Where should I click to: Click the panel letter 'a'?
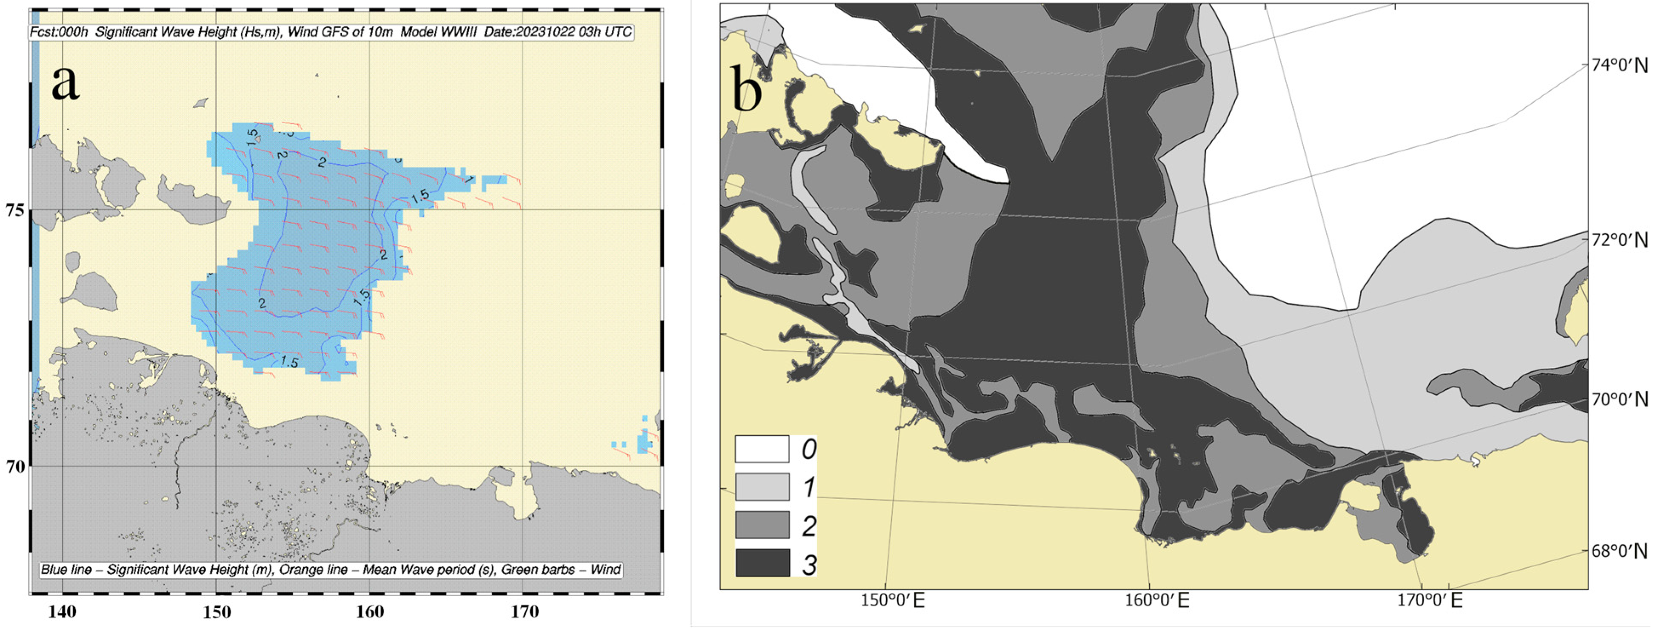pos(66,83)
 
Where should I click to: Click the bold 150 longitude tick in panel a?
pos(217,612)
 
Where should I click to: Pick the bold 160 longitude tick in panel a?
pos(370,612)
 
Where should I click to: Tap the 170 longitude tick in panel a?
pos(524,612)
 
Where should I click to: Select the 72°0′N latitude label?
pos(1619,240)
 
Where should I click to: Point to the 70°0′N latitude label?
pos(1619,400)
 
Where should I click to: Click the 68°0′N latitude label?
pos(1619,551)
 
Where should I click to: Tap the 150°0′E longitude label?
pos(893,601)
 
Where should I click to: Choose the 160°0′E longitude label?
pos(1157,601)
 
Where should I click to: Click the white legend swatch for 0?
pos(762,449)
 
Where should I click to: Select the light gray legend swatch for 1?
pos(762,487)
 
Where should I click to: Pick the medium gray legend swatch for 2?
pos(762,525)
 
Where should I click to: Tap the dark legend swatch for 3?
pos(762,563)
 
